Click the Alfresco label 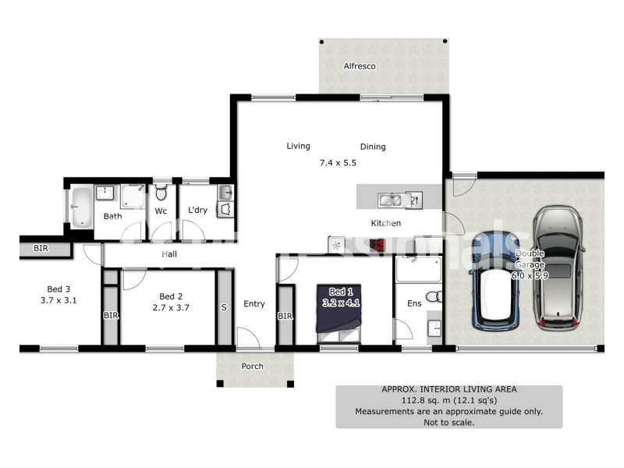pos(360,66)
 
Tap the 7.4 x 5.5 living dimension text pos(338,163)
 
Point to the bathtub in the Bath pos(80,207)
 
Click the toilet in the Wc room pos(161,192)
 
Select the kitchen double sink pos(390,200)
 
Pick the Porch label pos(252,366)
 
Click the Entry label pos(254,303)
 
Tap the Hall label pos(169,254)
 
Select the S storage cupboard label pos(223,307)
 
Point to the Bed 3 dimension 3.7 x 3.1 pos(58,300)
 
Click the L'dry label pos(197,210)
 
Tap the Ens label pos(414,303)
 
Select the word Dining pos(373,147)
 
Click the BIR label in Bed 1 pos(285,316)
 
